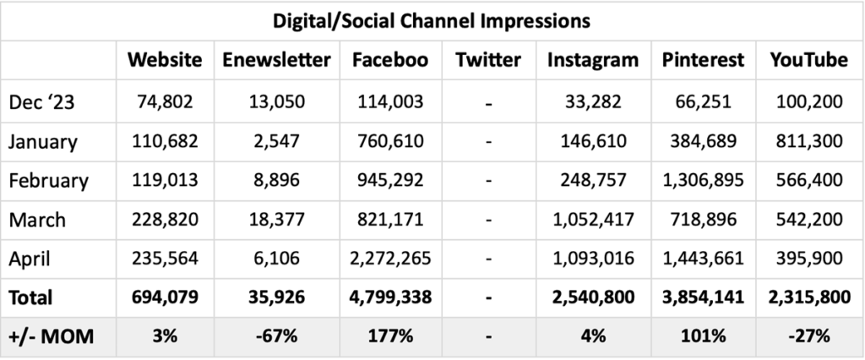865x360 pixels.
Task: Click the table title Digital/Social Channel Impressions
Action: (432, 19)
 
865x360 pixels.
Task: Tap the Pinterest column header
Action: (703, 60)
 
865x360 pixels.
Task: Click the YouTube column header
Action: (808, 60)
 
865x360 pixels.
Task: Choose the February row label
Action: (48, 181)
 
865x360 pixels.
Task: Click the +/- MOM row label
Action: (52, 336)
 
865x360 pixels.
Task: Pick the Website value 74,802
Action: (165, 102)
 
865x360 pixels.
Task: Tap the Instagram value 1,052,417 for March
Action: (592, 220)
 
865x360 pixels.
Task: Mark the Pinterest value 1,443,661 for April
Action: (703, 259)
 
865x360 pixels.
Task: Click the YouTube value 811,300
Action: (808, 141)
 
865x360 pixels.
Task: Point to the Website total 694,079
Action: (165, 297)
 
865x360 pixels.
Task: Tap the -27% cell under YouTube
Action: (808, 336)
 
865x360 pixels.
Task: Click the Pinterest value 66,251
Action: (703, 102)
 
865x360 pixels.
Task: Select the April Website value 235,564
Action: (165, 259)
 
